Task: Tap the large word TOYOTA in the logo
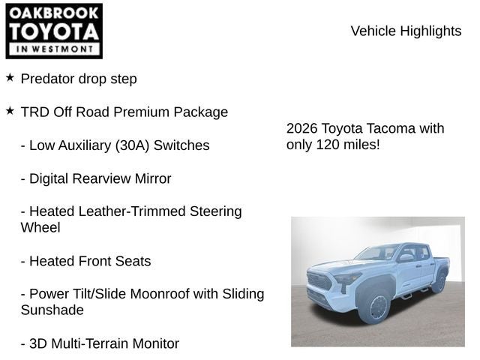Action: (53, 31)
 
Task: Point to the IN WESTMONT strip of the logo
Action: (53, 49)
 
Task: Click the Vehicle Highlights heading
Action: (406, 31)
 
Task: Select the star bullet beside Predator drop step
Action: (10, 77)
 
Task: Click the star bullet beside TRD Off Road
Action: (10, 111)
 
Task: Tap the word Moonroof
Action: (158, 294)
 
